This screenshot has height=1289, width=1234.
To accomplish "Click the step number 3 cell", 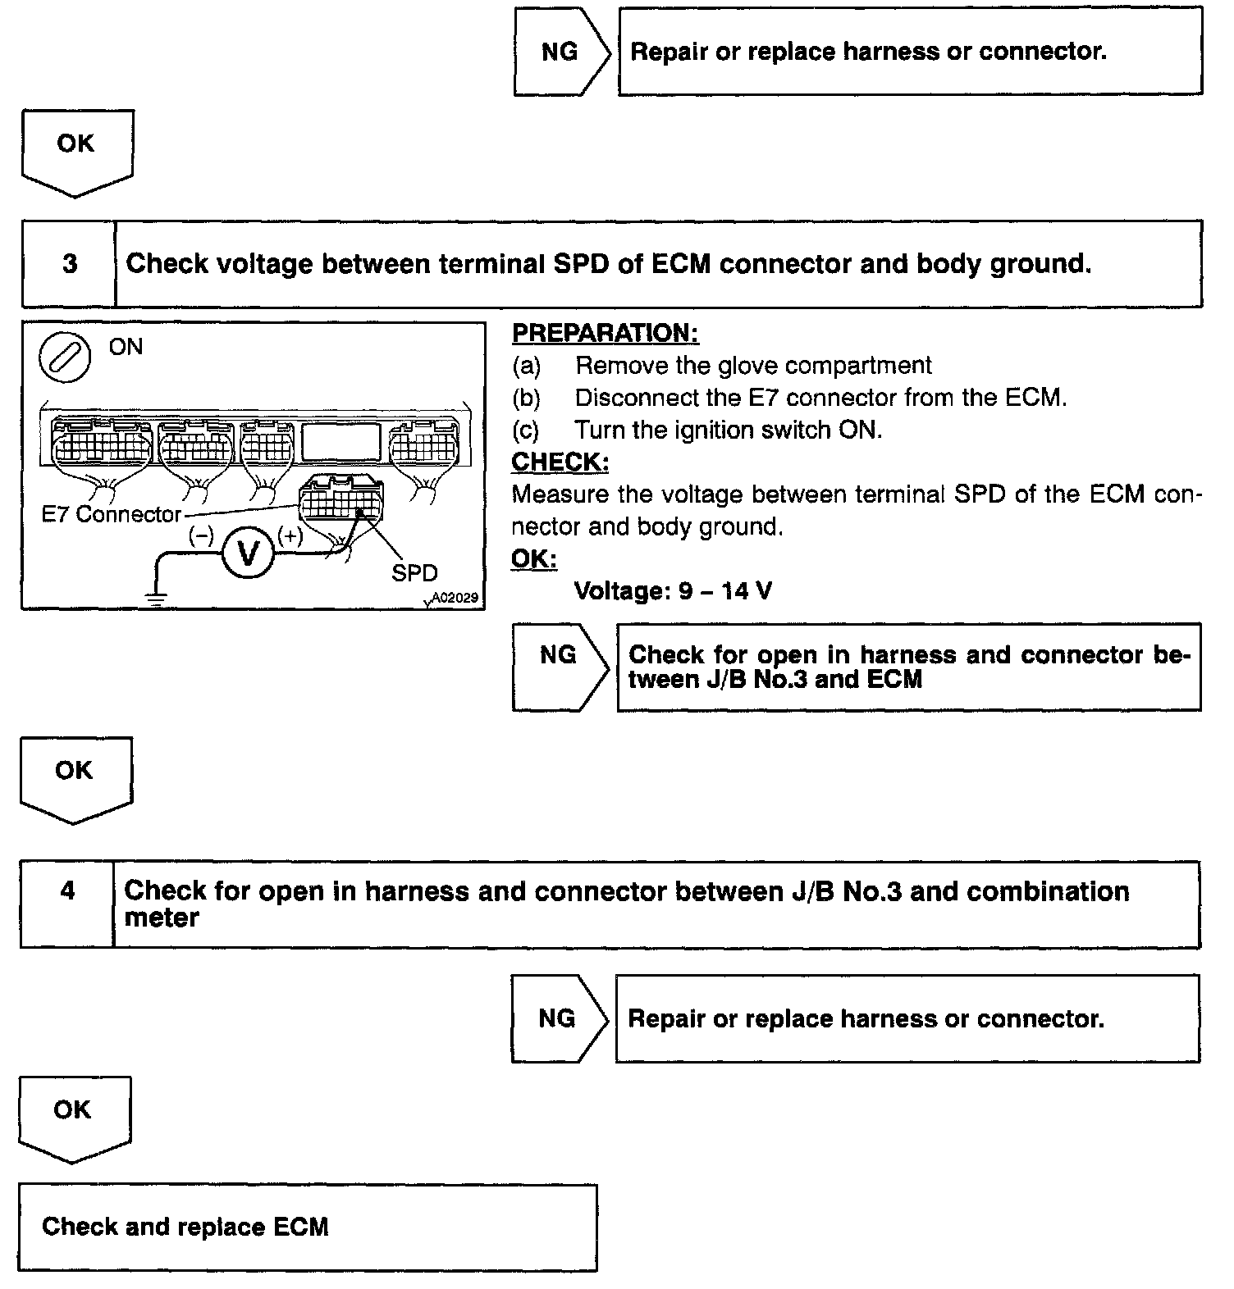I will (x=69, y=264).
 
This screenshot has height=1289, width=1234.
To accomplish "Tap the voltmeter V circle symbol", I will (x=247, y=553).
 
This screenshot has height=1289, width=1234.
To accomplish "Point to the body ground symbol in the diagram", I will (x=154, y=597).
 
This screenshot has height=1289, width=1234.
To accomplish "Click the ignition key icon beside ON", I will (x=65, y=359).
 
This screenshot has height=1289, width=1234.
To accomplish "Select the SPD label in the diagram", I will (x=414, y=572).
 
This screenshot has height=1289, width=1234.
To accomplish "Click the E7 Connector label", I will (x=112, y=514).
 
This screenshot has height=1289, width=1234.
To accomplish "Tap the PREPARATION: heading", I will (x=605, y=333).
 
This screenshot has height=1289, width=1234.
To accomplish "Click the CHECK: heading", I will (x=560, y=462).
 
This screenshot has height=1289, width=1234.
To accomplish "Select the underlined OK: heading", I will (x=533, y=558).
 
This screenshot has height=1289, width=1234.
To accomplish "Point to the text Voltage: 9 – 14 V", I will (x=673, y=590).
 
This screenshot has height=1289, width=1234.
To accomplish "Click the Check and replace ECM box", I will (x=307, y=1227).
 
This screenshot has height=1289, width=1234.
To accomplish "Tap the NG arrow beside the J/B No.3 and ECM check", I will (x=560, y=666).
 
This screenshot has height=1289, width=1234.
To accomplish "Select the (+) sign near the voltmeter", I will (x=290, y=536).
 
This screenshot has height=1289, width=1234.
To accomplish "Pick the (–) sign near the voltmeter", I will (x=201, y=536).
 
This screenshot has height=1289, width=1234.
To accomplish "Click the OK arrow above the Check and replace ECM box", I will (x=73, y=1118).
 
